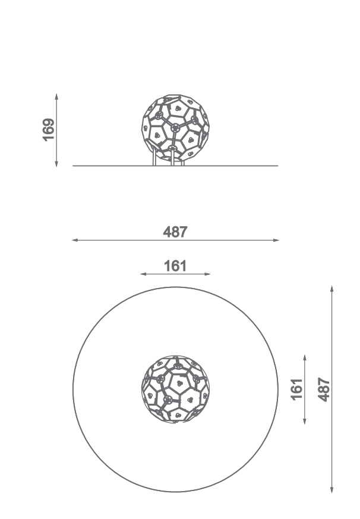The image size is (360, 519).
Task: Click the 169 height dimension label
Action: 49,129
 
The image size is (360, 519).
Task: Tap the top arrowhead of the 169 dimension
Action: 56,96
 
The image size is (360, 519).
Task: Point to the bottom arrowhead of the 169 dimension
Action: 56,163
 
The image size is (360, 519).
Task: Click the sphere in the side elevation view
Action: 175,128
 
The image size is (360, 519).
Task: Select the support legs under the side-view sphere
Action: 169,157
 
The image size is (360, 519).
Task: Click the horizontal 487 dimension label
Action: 175,232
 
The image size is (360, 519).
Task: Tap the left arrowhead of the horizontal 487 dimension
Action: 75,240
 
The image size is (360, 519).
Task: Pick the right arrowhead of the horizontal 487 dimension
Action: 276,240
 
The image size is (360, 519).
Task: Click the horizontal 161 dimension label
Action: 175,266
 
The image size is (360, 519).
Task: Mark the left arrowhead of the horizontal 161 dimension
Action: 143,274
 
